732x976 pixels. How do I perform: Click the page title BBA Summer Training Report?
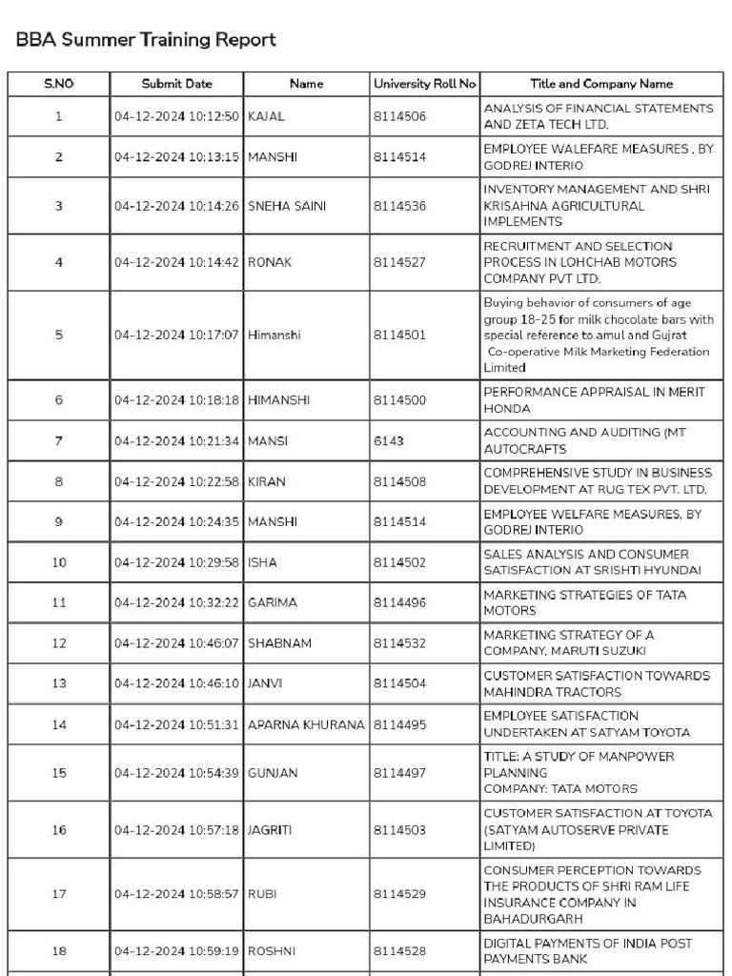tap(146, 39)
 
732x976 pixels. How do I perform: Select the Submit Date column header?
tap(176, 84)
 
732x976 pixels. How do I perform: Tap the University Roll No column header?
tap(424, 84)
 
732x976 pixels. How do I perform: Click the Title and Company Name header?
tap(601, 84)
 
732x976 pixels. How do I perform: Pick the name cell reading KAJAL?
tap(266, 116)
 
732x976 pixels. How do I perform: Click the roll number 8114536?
tap(399, 205)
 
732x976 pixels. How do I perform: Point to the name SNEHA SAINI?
tap(286, 205)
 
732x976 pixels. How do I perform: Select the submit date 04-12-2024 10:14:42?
tap(176, 262)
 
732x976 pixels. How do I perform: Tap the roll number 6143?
tap(388, 441)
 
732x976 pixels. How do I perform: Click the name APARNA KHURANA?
tap(306, 724)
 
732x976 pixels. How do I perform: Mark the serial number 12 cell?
tap(59, 643)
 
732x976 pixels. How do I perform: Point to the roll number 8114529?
tap(399, 894)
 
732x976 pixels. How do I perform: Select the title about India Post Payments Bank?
tap(600, 951)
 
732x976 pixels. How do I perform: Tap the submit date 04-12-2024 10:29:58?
tap(176, 562)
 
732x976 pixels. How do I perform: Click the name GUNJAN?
tap(273, 772)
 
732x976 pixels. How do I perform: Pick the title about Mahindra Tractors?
tap(597, 683)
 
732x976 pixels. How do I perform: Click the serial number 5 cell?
tap(59, 335)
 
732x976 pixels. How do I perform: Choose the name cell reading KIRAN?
tap(266, 481)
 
